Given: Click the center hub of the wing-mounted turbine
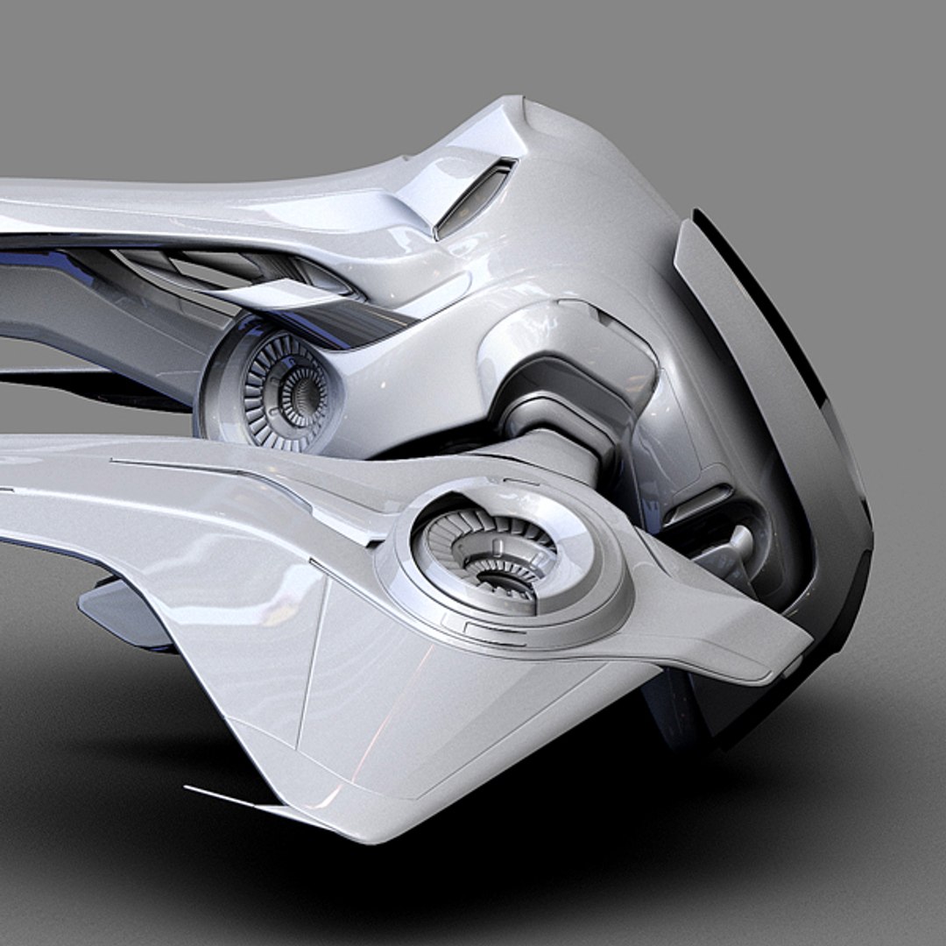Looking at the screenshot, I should tap(501, 568).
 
